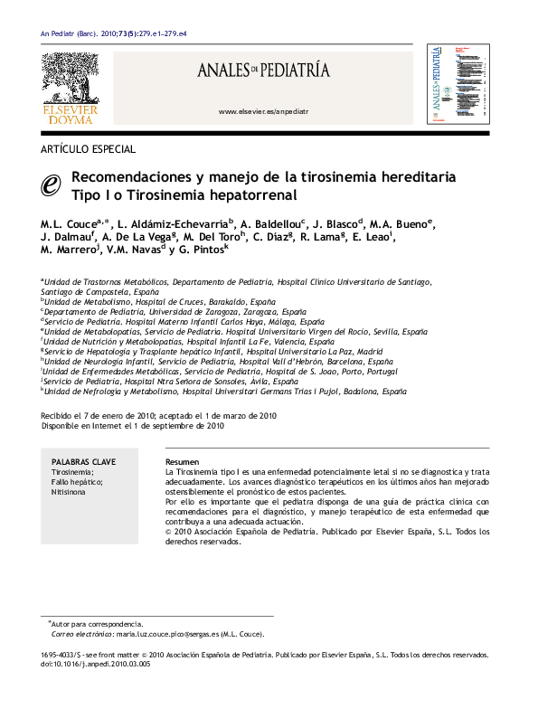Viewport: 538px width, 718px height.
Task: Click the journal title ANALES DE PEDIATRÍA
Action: [264, 70]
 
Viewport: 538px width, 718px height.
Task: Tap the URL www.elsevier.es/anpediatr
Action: [264, 111]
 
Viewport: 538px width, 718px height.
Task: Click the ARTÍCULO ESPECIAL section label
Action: [89, 149]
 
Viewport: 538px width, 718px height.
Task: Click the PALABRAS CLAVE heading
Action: [82, 461]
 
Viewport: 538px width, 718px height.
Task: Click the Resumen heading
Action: [183, 461]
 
